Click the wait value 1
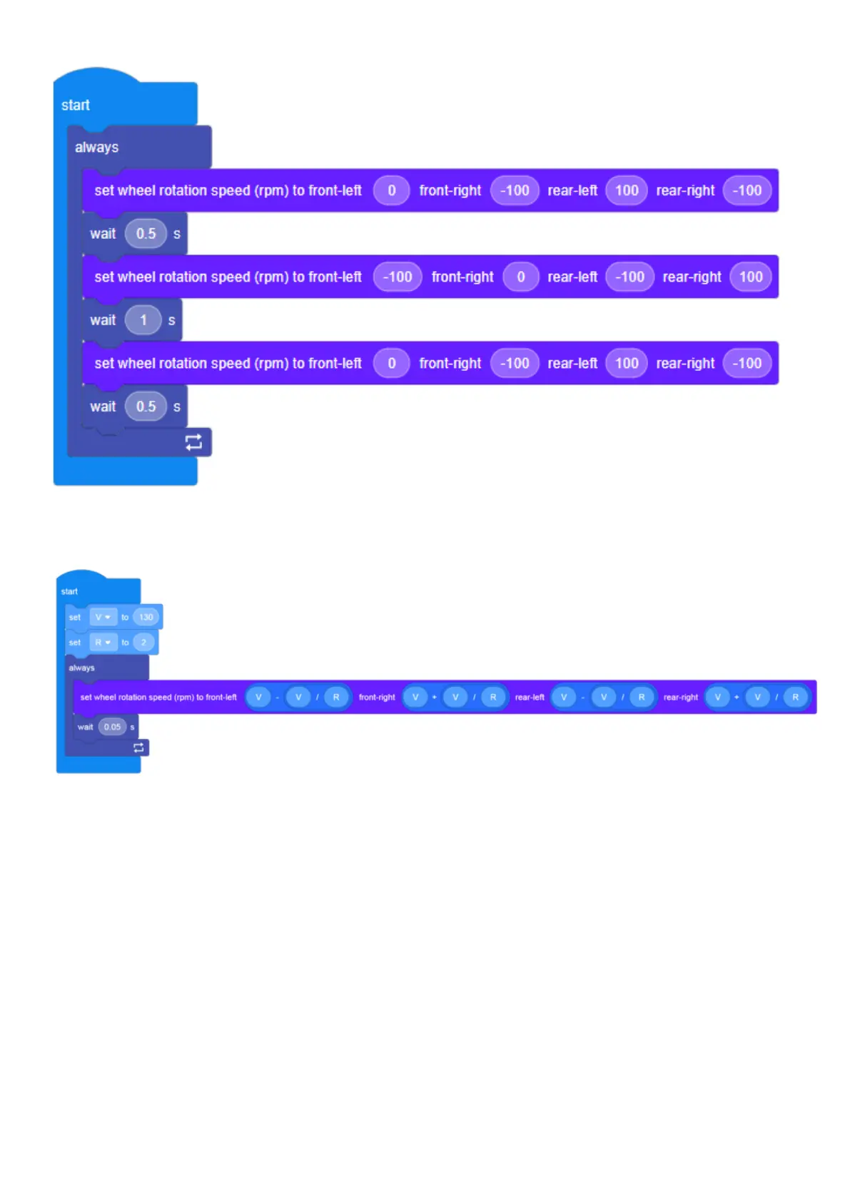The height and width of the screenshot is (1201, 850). (x=143, y=320)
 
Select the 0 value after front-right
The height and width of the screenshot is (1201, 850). (x=520, y=277)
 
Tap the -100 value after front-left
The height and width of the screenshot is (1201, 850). (x=398, y=277)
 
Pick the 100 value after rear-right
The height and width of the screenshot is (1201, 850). (x=750, y=277)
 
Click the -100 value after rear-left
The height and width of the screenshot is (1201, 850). (x=629, y=277)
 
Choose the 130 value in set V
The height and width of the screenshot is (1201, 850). (x=146, y=617)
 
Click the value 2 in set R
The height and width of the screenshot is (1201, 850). (x=143, y=643)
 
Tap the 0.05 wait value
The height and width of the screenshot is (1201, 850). (x=112, y=727)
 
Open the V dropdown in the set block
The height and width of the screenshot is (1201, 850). (x=103, y=617)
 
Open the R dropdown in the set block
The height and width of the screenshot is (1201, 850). (x=103, y=643)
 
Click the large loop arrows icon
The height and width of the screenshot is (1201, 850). (x=193, y=442)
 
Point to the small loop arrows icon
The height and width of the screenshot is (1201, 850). (x=138, y=747)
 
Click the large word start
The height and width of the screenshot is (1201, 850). (x=76, y=106)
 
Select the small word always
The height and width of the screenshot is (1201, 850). (x=81, y=668)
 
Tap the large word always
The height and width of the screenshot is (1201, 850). (x=97, y=148)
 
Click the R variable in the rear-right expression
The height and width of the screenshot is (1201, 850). (x=795, y=697)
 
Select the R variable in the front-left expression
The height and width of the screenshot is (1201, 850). (x=336, y=697)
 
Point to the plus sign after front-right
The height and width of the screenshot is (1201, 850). (x=434, y=697)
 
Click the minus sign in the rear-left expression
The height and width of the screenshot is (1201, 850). (x=583, y=697)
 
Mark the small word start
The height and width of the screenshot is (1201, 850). (x=69, y=591)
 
